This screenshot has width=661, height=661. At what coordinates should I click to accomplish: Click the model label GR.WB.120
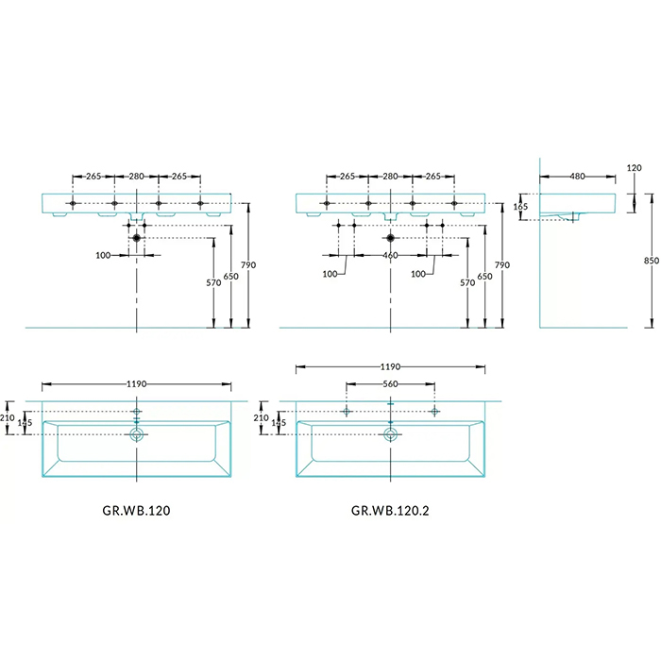pyautogui.click(x=135, y=511)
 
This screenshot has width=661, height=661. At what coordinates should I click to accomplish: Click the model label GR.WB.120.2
pyautogui.click(x=391, y=511)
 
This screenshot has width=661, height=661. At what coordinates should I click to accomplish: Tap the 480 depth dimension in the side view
pyautogui.click(x=576, y=176)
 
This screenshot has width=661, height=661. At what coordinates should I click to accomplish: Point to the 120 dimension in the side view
pyautogui.click(x=634, y=168)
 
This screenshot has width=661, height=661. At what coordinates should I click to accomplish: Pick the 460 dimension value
pyautogui.click(x=390, y=256)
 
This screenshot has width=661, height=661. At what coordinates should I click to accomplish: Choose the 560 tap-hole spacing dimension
pyautogui.click(x=390, y=385)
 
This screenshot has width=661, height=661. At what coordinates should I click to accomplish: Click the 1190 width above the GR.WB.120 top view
pyautogui.click(x=137, y=385)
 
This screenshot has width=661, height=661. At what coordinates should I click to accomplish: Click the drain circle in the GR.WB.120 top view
pyautogui.click(x=137, y=435)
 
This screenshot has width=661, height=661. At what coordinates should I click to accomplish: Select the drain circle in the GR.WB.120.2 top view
pyautogui.click(x=390, y=435)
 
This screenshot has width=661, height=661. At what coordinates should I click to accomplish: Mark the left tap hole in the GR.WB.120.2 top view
pyautogui.click(x=347, y=412)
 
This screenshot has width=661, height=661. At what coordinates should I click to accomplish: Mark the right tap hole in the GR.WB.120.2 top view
pyautogui.click(x=434, y=412)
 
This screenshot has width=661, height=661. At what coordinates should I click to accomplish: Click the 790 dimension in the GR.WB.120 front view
pyautogui.click(x=248, y=265)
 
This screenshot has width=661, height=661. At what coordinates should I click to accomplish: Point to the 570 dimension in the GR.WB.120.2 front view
pyautogui.click(x=466, y=282)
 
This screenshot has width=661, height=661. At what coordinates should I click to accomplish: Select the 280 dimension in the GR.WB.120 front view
pyautogui.click(x=137, y=176)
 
